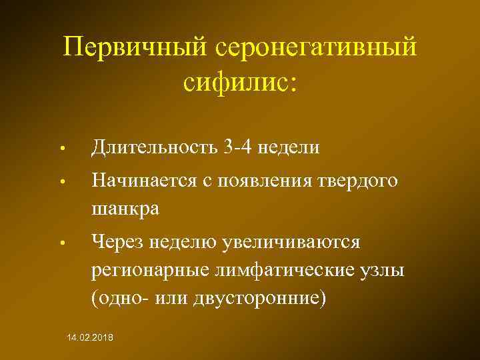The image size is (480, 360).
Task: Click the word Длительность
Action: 153,146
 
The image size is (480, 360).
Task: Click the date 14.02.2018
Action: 90,339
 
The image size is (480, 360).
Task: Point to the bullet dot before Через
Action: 60,243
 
